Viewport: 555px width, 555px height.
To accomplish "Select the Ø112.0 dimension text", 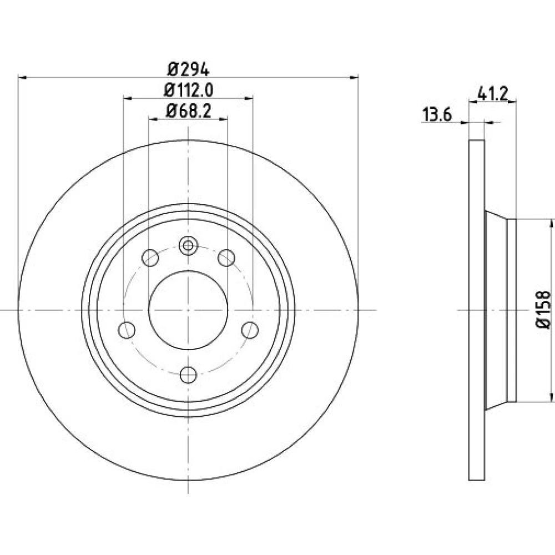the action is tap(188, 90).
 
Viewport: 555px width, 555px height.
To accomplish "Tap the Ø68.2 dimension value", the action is tap(188, 112).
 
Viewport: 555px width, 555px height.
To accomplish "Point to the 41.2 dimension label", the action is tap(492, 93).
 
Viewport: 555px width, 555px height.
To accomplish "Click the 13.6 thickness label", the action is tap(437, 115).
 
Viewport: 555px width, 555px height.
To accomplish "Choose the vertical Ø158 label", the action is tap(543, 310).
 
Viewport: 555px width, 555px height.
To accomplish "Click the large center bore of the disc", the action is tap(188, 310).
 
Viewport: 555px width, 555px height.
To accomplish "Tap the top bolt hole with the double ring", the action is tap(188, 245).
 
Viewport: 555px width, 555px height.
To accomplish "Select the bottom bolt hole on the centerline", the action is tap(188, 375).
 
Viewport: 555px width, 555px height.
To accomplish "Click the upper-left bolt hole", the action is tap(150, 258).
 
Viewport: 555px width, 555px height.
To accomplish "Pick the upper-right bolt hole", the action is tap(226, 258).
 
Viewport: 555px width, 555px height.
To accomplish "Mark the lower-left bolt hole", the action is tap(127, 330).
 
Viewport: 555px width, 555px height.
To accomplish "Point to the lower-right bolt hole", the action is tap(250, 330).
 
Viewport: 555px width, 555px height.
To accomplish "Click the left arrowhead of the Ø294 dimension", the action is tap(22, 77).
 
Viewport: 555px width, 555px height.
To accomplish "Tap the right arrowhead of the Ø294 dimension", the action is tap(354, 77).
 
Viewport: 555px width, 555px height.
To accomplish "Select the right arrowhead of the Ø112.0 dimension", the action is tap(249, 98).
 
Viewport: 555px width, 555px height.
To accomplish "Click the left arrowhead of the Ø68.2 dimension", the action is tap(153, 120).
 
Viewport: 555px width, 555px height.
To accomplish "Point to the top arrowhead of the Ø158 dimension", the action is tap(551, 224).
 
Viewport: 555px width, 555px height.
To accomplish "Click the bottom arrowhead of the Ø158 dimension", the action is tap(551, 397).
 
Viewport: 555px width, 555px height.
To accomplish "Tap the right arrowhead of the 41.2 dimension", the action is tap(512, 102).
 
